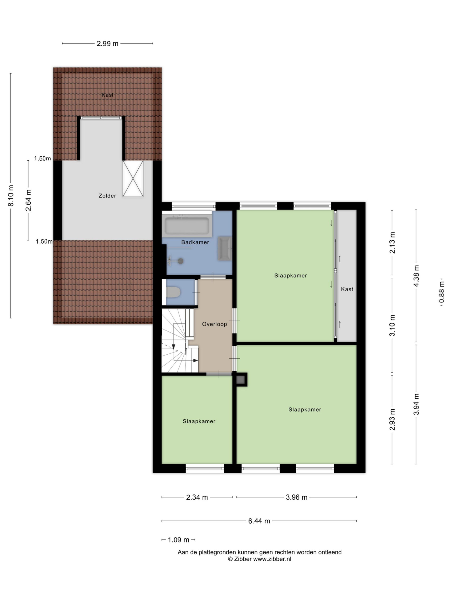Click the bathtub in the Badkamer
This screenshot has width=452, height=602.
point(187,226)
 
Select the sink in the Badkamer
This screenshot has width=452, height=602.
point(225,249)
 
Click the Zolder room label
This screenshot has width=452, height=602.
point(107,196)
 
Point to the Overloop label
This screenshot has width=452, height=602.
point(214,324)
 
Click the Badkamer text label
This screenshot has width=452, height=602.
point(195,242)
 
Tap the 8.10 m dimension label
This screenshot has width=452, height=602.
point(11,195)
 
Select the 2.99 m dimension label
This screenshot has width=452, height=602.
point(107,44)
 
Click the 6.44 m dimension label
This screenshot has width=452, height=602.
point(259,521)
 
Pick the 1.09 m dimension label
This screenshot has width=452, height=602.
point(178,540)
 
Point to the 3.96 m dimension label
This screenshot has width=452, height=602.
point(296,497)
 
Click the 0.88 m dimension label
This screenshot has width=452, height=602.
point(442,293)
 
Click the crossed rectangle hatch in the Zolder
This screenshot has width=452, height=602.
point(133,178)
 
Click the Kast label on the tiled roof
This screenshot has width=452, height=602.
point(107,95)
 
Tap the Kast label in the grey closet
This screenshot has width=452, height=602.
point(347,289)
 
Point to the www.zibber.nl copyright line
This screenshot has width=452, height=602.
point(259,559)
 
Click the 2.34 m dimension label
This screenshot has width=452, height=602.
point(197,497)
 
